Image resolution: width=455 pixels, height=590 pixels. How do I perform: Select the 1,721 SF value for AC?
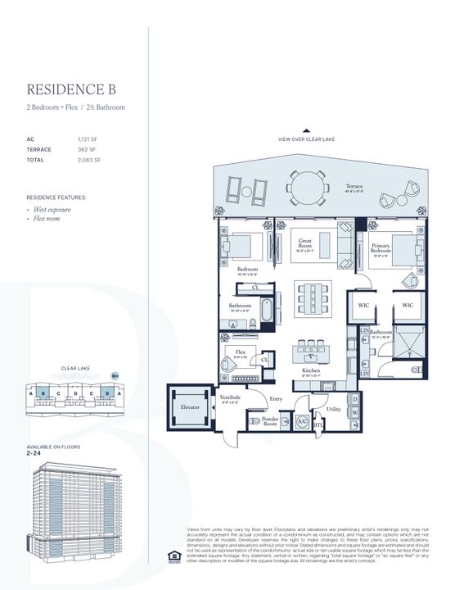[x=89, y=139]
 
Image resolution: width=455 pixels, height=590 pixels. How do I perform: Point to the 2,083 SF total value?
[x=89, y=160]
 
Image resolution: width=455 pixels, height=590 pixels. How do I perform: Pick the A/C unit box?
[x=300, y=421]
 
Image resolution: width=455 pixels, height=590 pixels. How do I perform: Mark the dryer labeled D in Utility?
[x=354, y=400]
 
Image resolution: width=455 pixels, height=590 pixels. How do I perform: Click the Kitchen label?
[x=309, y=370]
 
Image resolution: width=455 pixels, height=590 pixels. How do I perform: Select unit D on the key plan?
[x=74, y=393]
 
